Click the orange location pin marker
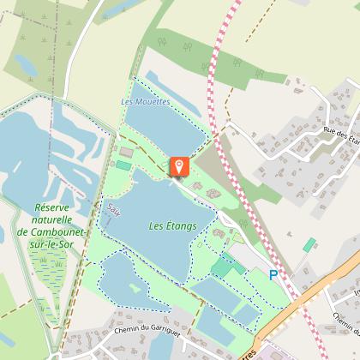coord(179,165)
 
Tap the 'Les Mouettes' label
coord(146,102)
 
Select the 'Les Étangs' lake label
coord(172,226)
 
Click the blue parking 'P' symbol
coord(273,275)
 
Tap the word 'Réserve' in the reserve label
coord(56,207)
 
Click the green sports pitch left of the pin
coord(124,165)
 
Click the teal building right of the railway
coord(309,245)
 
